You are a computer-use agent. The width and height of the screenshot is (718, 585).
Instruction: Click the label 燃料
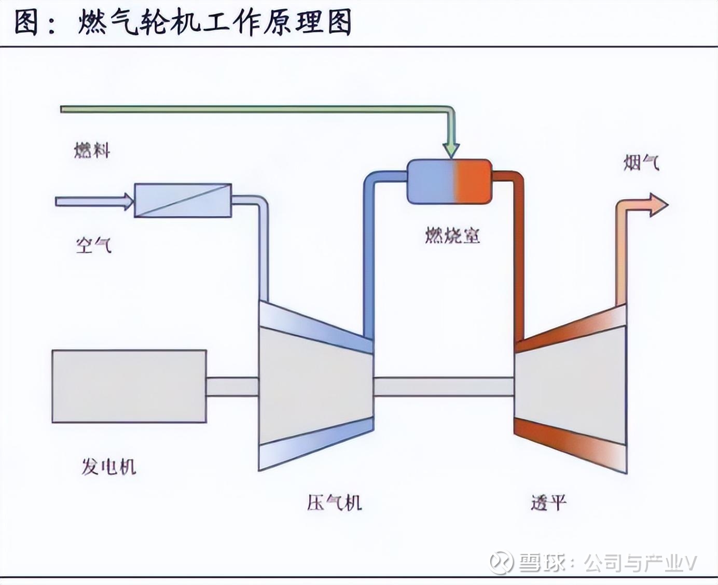tap(92, 151)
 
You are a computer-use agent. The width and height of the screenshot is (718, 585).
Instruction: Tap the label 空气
tap(93, 245)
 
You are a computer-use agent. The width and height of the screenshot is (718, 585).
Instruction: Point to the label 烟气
tap(641, 164)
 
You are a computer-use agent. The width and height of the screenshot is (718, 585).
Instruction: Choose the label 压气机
tap(334, 503)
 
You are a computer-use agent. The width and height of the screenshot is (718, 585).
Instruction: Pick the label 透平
tap(548, 503)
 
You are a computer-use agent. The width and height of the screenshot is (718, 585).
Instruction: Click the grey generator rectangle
tap(129, 386)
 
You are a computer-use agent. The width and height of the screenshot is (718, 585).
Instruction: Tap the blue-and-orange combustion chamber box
tap(449, 182)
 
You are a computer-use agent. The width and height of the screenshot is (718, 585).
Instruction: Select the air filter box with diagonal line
tap(183, 200)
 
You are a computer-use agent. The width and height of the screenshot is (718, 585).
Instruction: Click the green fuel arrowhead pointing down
tap(451, 148)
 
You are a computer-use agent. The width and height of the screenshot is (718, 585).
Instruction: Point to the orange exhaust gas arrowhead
tap(658, 204)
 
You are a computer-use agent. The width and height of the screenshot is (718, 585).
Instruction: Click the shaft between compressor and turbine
tap(444, 386)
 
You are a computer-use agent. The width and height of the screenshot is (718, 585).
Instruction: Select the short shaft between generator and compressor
tap(232, 387)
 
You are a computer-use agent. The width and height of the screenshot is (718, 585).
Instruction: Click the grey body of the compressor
tap(315, 386)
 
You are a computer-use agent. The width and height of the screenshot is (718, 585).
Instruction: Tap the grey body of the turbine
tap(571, 386)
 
